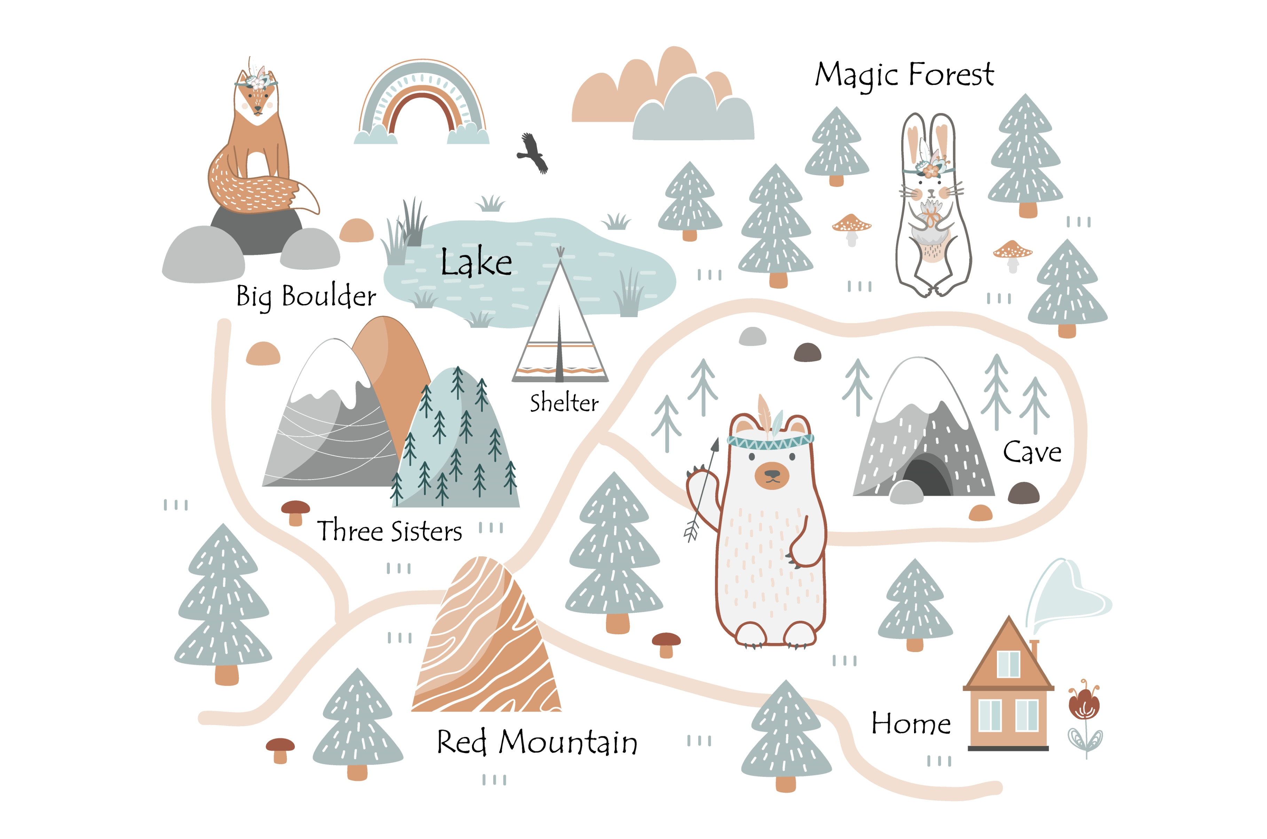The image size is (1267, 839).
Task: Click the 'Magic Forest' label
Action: coord(904,75)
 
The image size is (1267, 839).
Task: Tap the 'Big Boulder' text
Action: coord(306,296)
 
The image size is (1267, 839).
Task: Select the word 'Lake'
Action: coord(476,262)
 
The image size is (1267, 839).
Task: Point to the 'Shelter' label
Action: coord(564,403)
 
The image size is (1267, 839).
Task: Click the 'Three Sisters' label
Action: coord(389,531)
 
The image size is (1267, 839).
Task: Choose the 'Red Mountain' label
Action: coord(537,742)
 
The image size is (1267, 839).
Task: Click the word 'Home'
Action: coord(911,723)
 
